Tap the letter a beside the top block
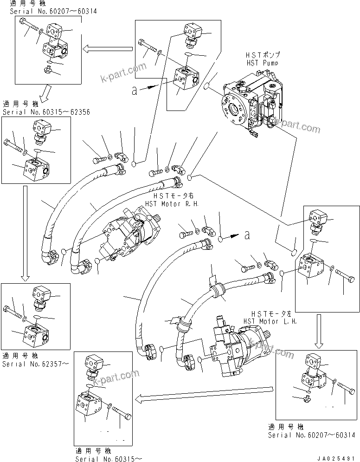point(134,91)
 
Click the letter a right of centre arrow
point(247,235)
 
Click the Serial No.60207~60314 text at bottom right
point(311,436)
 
